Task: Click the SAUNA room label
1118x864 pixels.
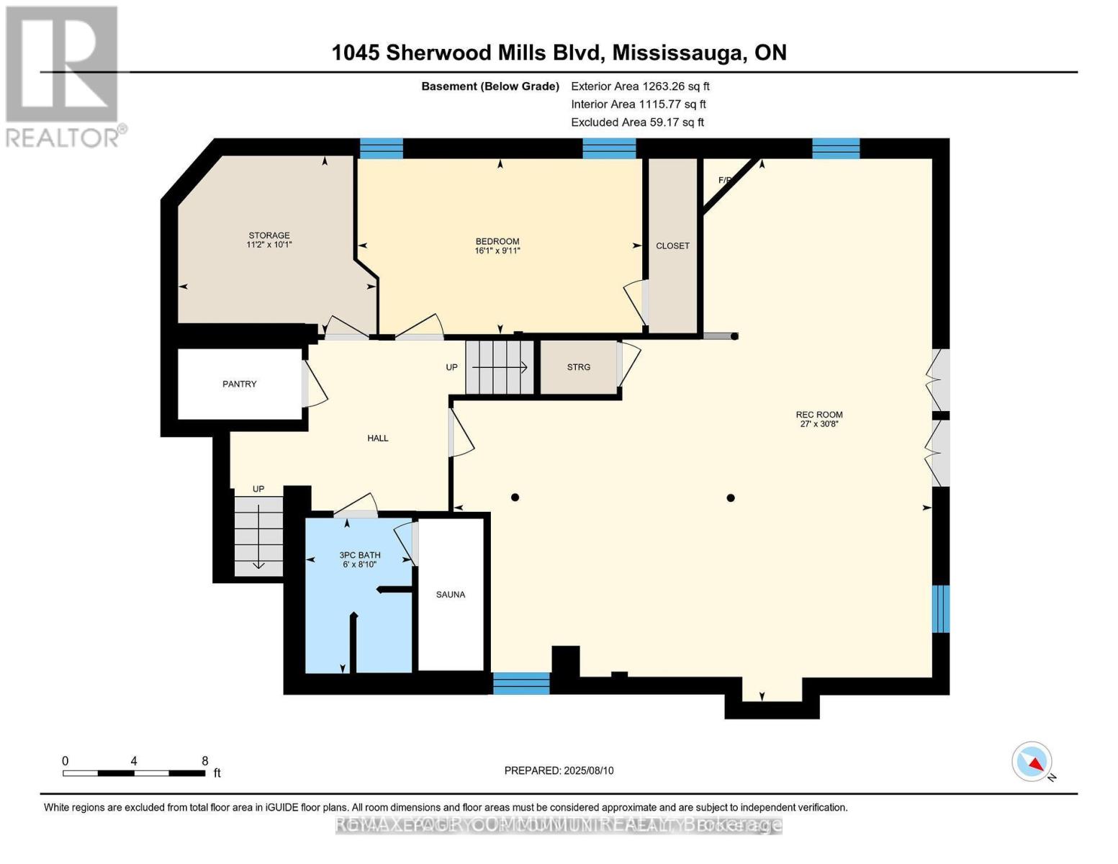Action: (451, 595)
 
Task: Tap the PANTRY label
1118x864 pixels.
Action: (239, 384)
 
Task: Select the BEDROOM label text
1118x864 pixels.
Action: (497, 241)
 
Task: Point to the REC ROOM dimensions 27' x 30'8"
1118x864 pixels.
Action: (819, 424)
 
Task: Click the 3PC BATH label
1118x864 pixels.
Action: (360, 555)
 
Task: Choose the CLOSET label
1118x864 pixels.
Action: (672, 246)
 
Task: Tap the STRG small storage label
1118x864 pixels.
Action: (578, 367)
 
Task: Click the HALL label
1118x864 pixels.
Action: (378, 438)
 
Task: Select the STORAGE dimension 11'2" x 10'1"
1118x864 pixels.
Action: (269, 245)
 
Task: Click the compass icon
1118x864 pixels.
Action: (1032, 762)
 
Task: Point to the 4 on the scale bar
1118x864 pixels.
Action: (134, 761)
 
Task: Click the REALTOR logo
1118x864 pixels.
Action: (63, 76)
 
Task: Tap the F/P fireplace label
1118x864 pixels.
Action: (725, 180)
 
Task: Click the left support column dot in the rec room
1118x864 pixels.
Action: (515, 498)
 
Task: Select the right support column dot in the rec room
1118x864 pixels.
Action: (731, 498)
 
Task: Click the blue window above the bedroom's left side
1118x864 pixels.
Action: (381, 148)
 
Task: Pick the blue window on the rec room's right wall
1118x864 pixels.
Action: (941, 608)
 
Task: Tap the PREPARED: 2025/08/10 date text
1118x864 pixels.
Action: (559, 770)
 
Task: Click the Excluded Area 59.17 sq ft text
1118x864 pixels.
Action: (637, 122)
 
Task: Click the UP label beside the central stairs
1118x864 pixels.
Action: (451, 367)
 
